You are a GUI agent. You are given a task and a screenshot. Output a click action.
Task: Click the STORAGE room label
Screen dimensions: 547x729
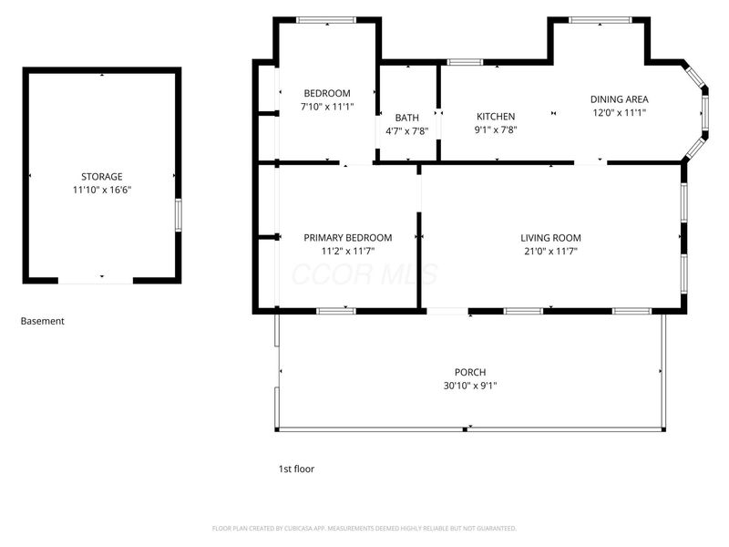[x=102, y=176]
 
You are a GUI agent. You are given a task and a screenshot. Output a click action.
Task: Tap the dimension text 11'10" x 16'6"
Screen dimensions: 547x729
[x=102, y=190]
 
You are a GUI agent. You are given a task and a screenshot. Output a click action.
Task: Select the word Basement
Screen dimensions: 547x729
[x=43, y=321]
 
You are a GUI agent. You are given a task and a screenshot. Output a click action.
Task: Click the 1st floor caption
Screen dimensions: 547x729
[x=296, y=469]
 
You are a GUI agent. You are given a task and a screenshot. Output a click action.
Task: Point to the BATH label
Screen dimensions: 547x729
[x=407, y=118]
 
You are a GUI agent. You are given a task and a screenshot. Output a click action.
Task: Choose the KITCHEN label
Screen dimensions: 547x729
[x=496, y=117]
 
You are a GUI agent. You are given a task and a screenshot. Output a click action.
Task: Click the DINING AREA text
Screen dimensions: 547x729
[x=619, y=99]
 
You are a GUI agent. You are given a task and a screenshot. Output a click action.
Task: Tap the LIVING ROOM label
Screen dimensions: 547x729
[x=550, y=238]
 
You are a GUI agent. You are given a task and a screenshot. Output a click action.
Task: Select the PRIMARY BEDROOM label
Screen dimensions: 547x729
[x=348, y=237]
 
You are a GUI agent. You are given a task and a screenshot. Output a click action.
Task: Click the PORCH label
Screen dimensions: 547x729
[x=470, y=372]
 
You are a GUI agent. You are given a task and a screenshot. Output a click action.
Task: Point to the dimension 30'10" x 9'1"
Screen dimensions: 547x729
[x=470, y=386]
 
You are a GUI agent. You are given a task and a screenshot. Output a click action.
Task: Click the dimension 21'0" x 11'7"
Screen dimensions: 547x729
[x=550, y=251]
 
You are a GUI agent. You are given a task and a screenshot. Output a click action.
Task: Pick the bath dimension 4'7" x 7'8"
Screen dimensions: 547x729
[x=407, y=131]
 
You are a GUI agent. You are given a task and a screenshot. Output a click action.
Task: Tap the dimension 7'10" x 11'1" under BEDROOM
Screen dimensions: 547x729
[x=327, y=107]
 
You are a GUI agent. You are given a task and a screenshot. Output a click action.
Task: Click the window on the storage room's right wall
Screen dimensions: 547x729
[x=178, y=214]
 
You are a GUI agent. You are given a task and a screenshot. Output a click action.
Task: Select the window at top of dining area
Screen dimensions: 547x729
[x=599, y=19]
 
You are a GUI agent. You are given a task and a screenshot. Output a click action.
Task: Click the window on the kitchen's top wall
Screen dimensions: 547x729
[x=465, y=62]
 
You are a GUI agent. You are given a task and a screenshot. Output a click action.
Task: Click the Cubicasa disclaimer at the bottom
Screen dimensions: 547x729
[x=364, y=528]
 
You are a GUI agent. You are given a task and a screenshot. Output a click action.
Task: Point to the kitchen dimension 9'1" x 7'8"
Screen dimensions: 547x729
[x=496, y=130]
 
